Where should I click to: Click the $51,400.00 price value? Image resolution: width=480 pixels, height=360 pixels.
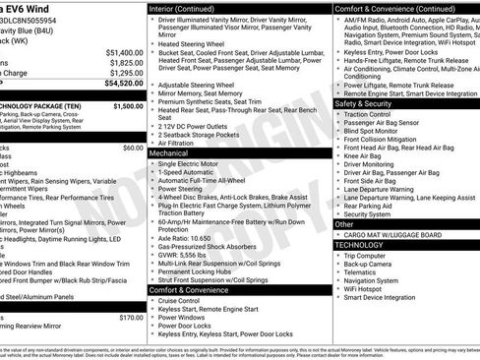coord(122,51)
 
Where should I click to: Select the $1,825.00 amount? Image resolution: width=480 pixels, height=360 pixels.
coord(124,62)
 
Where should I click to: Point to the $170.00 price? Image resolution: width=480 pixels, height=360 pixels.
coord(131,318)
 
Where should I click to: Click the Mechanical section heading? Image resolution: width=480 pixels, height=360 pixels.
coord(168,153)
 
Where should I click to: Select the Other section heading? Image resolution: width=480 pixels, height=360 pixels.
coord(345,224)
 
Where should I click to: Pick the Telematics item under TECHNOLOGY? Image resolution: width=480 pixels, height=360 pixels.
coord(365,274)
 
